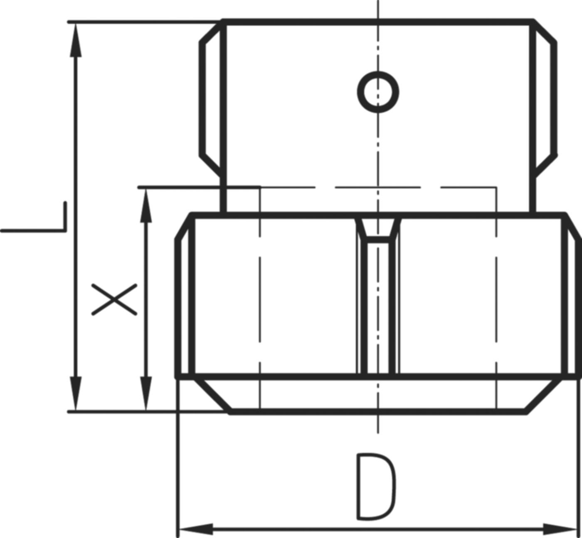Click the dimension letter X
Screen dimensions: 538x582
click(114, 299)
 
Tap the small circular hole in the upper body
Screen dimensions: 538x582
click(378, 92)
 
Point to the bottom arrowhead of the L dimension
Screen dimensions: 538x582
click(76, 394)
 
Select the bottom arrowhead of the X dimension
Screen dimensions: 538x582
click(145, 394)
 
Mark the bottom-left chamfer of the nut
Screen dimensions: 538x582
click(212, 396)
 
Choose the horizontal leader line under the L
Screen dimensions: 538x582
click(31, 230)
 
